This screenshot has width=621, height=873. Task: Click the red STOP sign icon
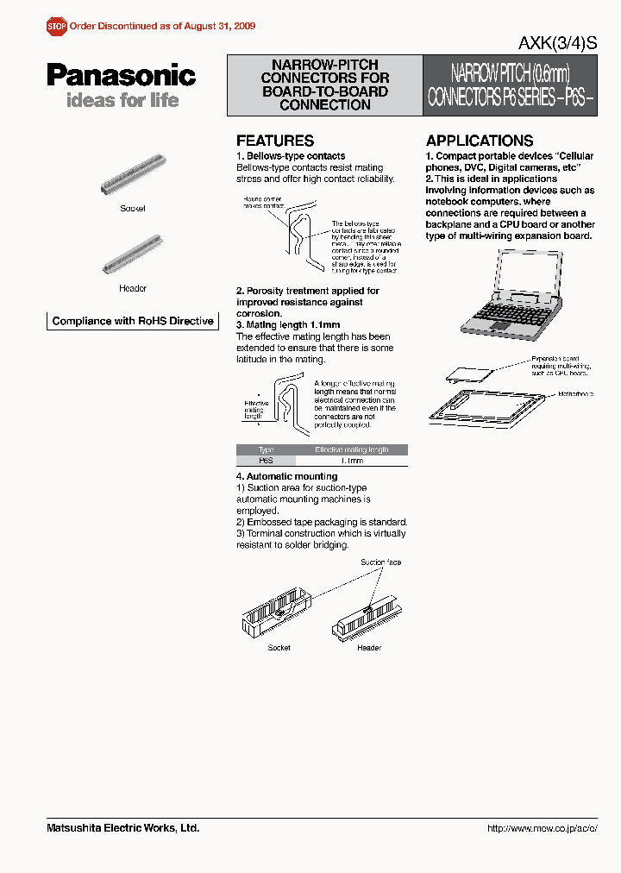pos(56,27)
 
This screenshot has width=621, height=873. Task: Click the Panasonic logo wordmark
pos(121,75)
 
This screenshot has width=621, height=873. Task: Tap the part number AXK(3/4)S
pos(557,45)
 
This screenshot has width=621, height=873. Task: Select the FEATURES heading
pos(275,141)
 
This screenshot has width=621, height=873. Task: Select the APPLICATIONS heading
pos(480,141)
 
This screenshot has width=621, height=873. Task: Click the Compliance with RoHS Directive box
pos(132,321)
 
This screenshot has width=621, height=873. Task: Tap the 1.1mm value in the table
pos(351,462)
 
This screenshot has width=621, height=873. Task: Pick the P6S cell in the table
pos(266,462)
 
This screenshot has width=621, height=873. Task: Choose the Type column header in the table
pos(266,449)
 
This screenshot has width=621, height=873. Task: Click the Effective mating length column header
pos(351,449)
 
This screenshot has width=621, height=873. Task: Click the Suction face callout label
pos(380,562)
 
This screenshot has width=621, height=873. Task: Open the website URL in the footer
pos(542,828)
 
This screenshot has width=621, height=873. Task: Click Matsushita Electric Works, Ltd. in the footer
pos(122,828)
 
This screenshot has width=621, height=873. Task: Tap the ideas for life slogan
pos(122,100)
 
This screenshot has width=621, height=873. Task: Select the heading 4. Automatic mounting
pos(286,476)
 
